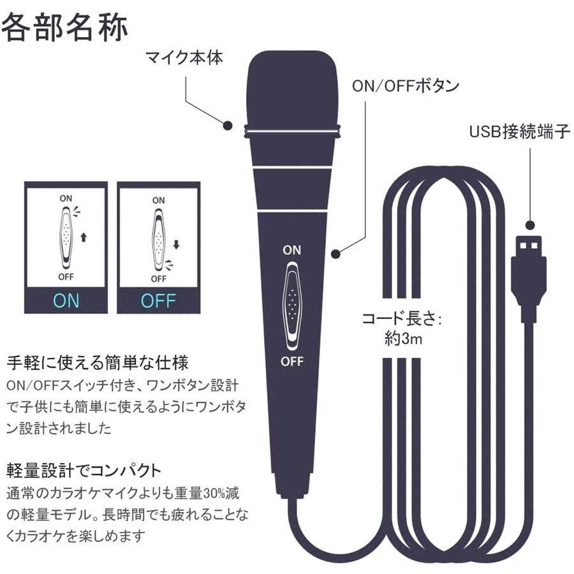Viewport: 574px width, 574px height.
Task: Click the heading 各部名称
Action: (x=65, y=27)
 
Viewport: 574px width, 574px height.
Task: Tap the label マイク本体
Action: (x=184, y=58)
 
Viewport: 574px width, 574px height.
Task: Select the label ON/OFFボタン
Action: (x=406, y=86)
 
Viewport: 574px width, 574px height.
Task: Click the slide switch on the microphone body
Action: (x=292, y=305)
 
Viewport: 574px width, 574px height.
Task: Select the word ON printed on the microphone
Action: (x=291, y=251)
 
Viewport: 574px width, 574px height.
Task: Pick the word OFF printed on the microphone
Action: (x=292, y=362)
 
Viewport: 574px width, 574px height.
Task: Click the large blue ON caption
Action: (x=66, y=300)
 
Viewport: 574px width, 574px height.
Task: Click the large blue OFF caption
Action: (x=159, y=301)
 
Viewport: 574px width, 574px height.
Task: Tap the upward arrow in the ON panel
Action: (x=84, y=238)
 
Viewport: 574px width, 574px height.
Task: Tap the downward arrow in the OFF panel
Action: (x=177, y=244)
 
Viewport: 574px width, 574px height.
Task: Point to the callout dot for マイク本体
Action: (x=228, y=125)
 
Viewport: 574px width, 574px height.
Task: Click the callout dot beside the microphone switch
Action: (x=335, y=253)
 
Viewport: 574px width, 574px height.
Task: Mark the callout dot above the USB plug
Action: (x=530, y=224)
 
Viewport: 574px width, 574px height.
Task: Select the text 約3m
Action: (x=403, y=339)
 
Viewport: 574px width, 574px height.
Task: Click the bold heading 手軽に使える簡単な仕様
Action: (x=98, y=362)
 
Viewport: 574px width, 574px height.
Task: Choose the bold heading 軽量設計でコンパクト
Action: (x=84, y=471)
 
